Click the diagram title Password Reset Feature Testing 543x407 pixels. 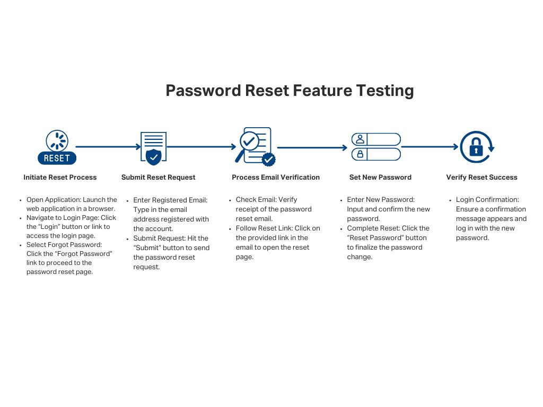(290, 91)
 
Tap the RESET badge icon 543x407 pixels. (57, 147)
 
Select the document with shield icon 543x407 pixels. (153, 147)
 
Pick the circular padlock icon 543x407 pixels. (476, 147)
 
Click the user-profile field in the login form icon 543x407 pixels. (376, 139)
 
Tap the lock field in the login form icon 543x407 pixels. (376, 154)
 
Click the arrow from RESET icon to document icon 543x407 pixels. (108, 147)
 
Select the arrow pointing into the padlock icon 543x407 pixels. (430, 147)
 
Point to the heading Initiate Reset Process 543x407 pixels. (60, 178)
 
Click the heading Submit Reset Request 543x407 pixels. (158, 178)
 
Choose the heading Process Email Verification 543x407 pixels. (276, 178)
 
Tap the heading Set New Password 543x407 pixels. (380, 178)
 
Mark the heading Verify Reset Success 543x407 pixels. (481, 178)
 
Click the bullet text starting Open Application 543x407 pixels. (71, 205)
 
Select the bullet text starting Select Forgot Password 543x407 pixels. (69, 258)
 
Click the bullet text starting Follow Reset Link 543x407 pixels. (277, 243)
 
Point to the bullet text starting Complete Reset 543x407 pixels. (387, 243)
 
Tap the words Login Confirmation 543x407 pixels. (487, 200)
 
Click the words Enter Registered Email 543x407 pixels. (170, 200)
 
